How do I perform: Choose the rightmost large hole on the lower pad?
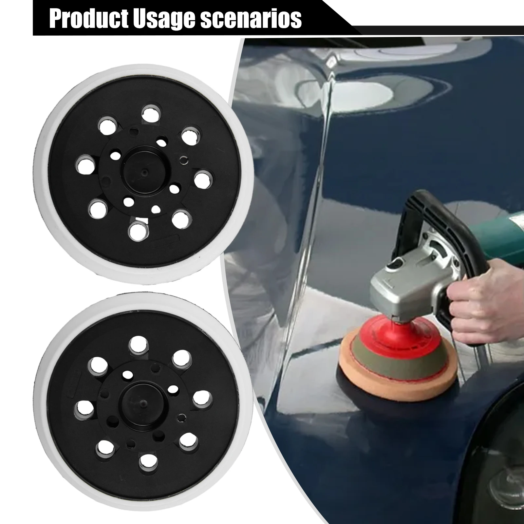(x=201, y=398)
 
